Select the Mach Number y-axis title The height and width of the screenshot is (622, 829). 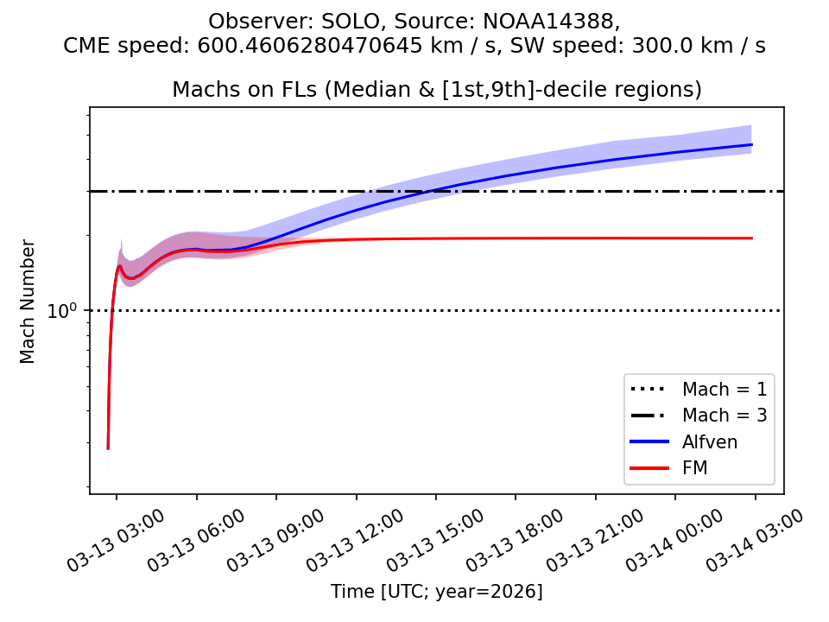(28, 301)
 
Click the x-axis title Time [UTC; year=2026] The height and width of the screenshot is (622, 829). (436, 592)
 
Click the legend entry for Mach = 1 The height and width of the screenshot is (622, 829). (724, 388)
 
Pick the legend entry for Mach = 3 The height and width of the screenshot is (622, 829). (724, 415)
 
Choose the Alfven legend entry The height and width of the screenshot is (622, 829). (710, 441)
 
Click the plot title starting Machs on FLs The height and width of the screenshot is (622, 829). (436, 89)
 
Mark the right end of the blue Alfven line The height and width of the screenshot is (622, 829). (752, 144)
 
